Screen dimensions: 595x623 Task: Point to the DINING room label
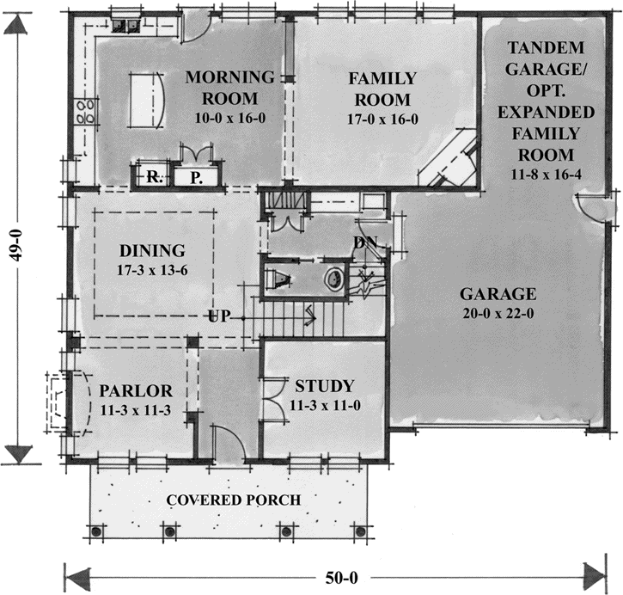[152, 251]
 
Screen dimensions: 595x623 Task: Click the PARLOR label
[131, 388]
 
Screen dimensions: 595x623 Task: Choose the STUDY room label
[324, 384]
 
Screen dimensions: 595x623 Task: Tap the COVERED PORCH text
[234, 500]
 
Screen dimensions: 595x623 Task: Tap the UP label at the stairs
[218, 316]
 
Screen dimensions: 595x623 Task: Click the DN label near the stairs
[364, 242]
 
